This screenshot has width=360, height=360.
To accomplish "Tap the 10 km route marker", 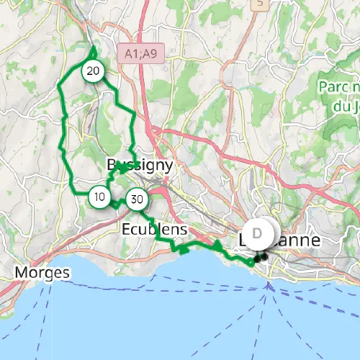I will click(x=99, y=196).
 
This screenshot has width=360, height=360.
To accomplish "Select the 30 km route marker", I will click(x=137, y=199).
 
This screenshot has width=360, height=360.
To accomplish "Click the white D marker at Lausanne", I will click(x=258, y=233).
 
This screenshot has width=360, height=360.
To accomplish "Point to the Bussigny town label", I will click(x=140, y=165).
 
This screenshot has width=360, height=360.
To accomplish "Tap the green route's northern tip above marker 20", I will click(x=94, y=48).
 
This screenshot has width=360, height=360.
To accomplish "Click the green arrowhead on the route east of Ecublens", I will click(x=217, y=246).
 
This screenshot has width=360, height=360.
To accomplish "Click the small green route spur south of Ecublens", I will click(x=181, y=250).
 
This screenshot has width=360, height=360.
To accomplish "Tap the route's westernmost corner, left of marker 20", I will click(x=58, y=87).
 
